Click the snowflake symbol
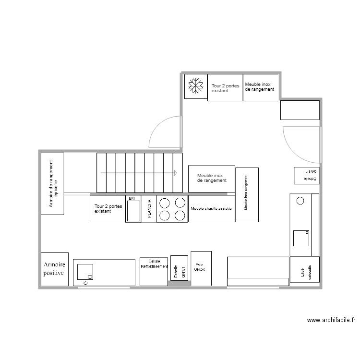click(x=195, y=86)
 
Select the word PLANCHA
click(x=149, y=209)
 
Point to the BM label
click(x=132, y=198)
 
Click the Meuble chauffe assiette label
click(x=211, y=209)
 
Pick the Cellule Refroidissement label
click(x=154, y=264)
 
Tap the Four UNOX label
click(x=200, y=267)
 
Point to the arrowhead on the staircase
click(x=176, y=172)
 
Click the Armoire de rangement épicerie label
click(x=53, y=184)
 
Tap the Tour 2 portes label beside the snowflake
click(x=225, y=88)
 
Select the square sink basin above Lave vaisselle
click(x=301, y=237)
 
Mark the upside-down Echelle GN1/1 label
click(x=306, y=175)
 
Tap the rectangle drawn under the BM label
click(x=133, y=211)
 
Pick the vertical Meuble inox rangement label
click(x=246, y=195)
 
